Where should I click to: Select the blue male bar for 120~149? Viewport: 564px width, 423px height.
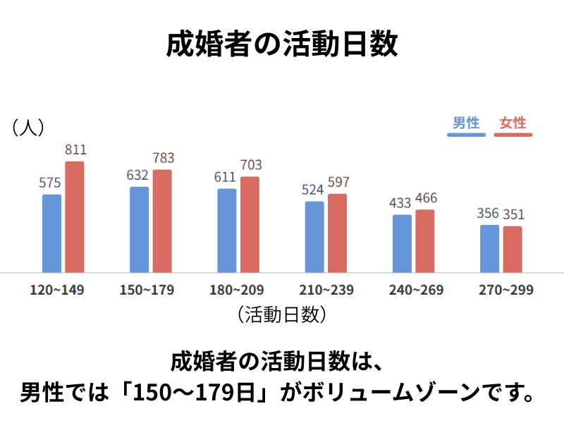(51, 233)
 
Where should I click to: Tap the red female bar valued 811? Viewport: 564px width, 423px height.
(75, 217)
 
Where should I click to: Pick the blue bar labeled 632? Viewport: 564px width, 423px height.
(139, 230)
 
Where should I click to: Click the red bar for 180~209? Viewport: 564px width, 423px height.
(250, 224)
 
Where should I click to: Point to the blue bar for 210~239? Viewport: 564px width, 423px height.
(314, 237)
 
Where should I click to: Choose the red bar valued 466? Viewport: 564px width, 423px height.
(424, 241)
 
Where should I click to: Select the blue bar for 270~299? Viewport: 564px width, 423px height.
(489, 249)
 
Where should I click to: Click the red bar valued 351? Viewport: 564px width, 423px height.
(513, 250)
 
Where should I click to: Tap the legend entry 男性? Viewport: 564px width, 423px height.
(466, 123)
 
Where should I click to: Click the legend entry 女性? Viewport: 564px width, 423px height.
(513, 123)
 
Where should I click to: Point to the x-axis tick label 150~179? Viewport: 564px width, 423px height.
(147, 290)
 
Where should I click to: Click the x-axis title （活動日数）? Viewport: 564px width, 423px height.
(282, 314)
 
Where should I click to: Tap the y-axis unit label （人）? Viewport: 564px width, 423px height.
(28, 127)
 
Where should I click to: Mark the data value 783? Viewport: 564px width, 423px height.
(162, 158)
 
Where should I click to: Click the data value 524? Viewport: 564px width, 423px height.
(314, 190)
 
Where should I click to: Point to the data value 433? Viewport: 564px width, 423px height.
(400, 203)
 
